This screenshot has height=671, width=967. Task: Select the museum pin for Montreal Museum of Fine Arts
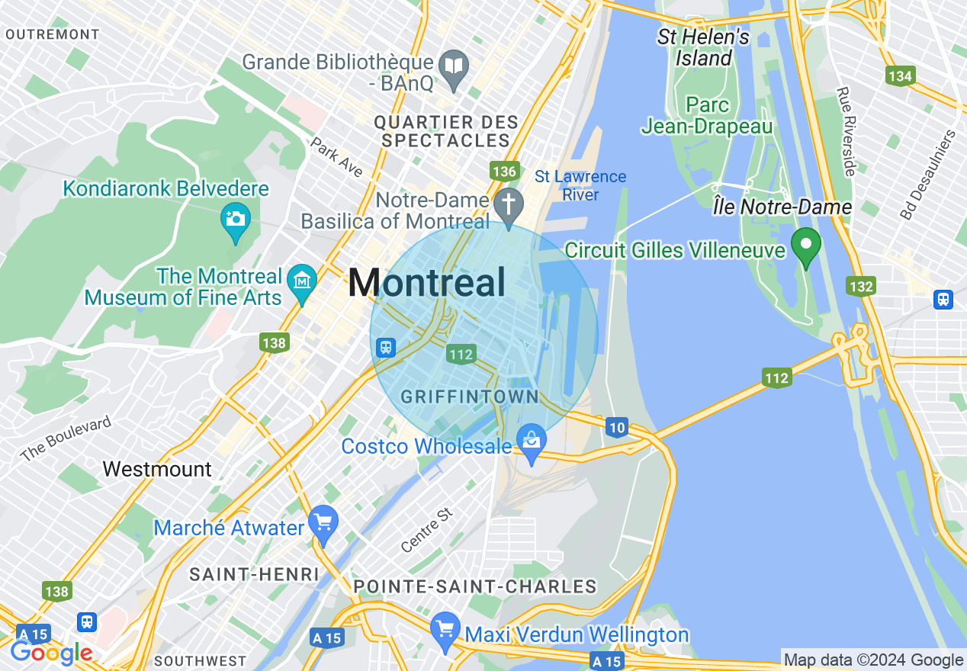click(303, 281)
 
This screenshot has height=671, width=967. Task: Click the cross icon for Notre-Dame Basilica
click(506, 204)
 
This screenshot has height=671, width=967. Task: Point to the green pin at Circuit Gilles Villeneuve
click(805, 246)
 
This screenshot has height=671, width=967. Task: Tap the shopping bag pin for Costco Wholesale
click(532, 441)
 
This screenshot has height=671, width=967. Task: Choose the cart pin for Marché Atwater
click(323, 523)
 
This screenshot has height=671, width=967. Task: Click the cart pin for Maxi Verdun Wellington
click(445, 630)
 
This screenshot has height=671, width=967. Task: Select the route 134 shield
click(900, 75)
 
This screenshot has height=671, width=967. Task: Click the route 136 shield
click(505, 172)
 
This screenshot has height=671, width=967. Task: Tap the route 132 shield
click(860, 286)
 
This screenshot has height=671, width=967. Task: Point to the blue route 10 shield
click(617, 428)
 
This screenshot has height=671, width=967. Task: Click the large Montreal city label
click(426, 283)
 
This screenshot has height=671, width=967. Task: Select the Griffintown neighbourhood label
click(469, 397)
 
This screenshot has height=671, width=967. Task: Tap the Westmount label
click(157, 469)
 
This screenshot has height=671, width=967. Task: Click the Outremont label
click(52, 34)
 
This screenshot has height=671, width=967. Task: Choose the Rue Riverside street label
click(847, 131)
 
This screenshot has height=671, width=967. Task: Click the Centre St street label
click(427, 531)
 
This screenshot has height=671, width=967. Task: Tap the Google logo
click(51, 653)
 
